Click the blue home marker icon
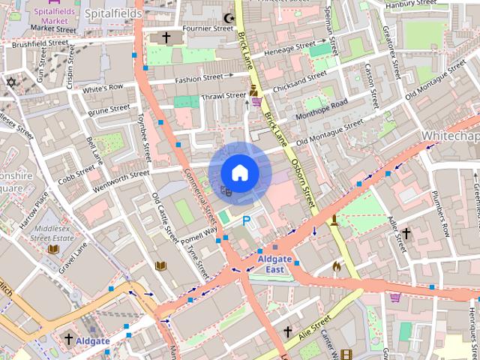click(x=239, y=172)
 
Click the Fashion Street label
click(x=199, y=78)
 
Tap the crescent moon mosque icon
click(x=229, y=17)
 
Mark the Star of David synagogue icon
click(x=11, y=82)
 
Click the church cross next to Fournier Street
click(x=166, y=37)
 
